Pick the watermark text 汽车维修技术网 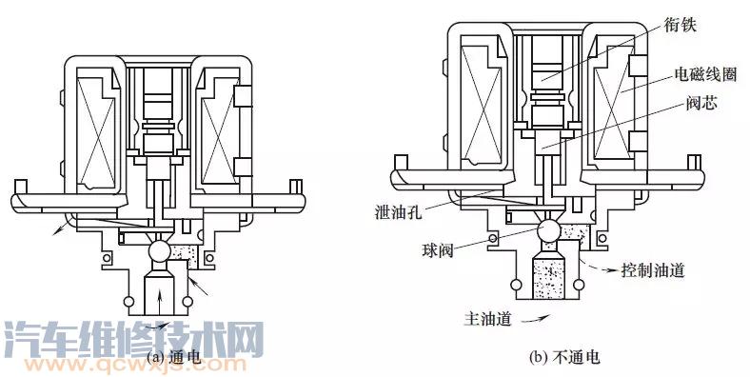click(x=133, y=338)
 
